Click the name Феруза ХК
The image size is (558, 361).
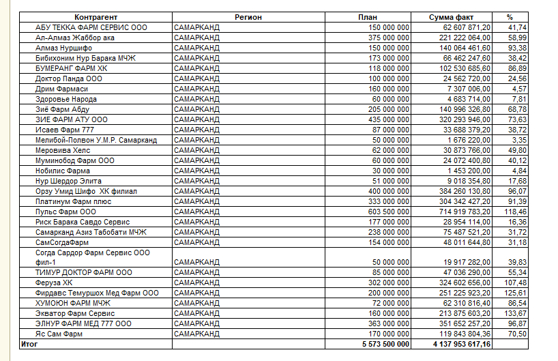(x=54, y=283)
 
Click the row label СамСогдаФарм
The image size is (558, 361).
(x=62, y=242)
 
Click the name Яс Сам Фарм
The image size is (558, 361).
(x=59, y=334)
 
